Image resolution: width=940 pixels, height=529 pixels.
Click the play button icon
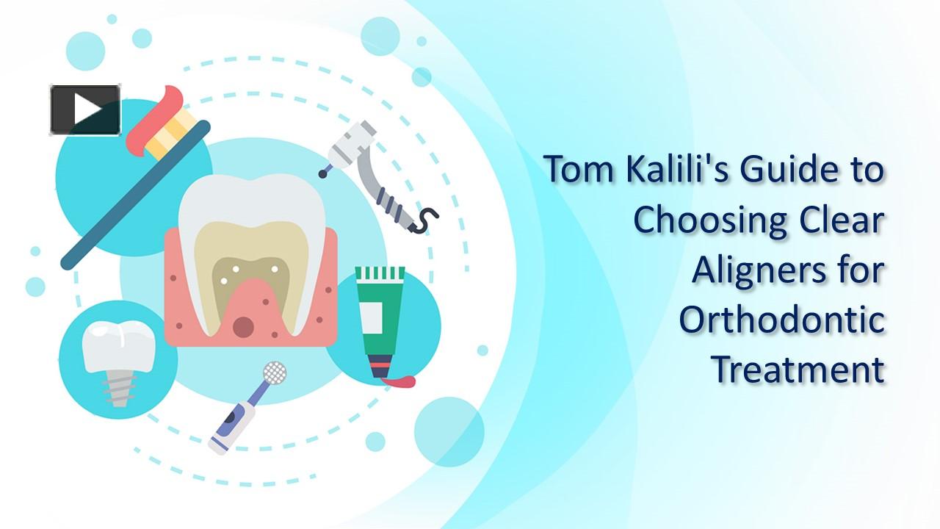85,110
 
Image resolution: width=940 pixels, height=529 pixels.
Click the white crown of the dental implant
118,345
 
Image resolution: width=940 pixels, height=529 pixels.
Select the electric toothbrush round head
274,373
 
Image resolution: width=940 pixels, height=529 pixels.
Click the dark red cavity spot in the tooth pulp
243,326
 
